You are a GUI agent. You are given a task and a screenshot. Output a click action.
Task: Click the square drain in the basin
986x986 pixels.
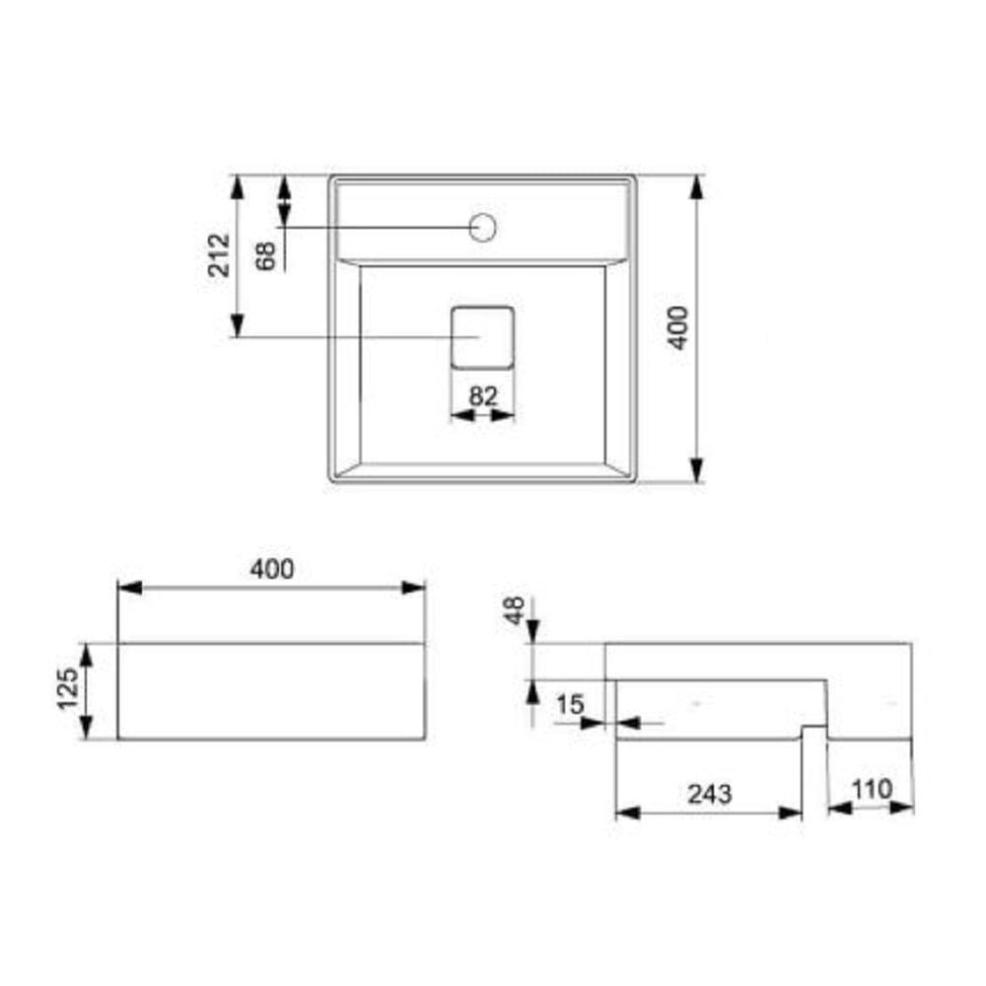[x=482, y=337]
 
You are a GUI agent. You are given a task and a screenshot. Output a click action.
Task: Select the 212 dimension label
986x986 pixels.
[x=219, y=254]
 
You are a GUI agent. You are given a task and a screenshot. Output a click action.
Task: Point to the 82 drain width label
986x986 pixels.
[x=482, y=395]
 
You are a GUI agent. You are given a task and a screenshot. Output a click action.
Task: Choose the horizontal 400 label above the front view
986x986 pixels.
[x=272, y=569]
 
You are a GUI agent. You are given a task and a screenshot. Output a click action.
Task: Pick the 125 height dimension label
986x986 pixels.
[x=68, y=690]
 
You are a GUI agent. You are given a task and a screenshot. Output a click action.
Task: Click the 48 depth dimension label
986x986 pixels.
[x=513, y=610]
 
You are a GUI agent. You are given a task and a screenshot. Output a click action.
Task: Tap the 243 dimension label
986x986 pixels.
[x=709, y=792]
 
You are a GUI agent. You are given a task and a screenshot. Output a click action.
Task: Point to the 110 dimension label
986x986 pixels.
[x=870, y=789]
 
